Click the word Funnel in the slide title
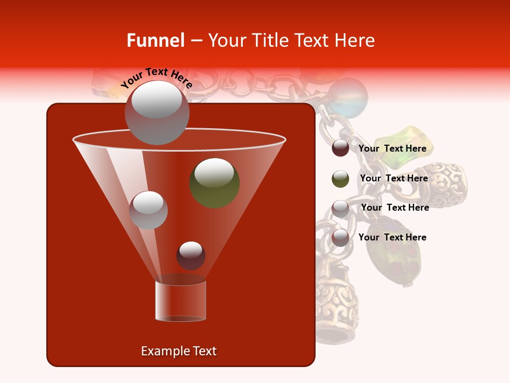155,40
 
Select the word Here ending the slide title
355,40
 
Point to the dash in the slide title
195,41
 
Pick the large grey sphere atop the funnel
157,112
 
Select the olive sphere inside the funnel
214,182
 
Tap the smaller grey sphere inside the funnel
148,210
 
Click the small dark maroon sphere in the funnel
191,255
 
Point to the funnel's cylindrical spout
180,301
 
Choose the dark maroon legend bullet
341,148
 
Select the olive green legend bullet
341,179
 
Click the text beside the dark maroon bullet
392,148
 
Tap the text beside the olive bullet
394,178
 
